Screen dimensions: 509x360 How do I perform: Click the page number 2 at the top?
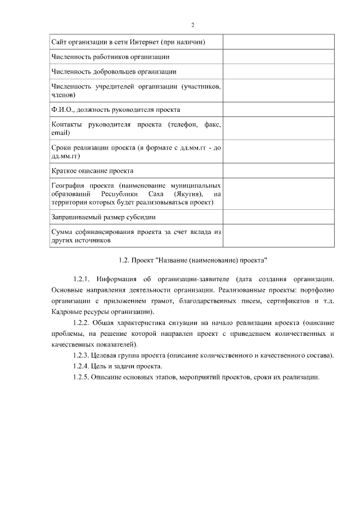[x=192, y=25]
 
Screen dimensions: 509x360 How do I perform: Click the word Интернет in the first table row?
[x=148, y=42]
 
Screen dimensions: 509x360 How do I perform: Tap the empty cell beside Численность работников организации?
[x=278, y=57]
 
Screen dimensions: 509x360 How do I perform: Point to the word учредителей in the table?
[x=111, y=87]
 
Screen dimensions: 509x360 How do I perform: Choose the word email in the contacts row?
[x=60, y=133]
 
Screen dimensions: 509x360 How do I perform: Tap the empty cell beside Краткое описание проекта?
[x=278, y=170]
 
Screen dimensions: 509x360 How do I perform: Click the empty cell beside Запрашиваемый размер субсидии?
[x=278, y=217]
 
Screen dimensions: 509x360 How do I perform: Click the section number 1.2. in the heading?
[x=125, y=260]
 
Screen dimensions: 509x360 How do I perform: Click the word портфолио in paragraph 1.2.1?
[x=318, y=290]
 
